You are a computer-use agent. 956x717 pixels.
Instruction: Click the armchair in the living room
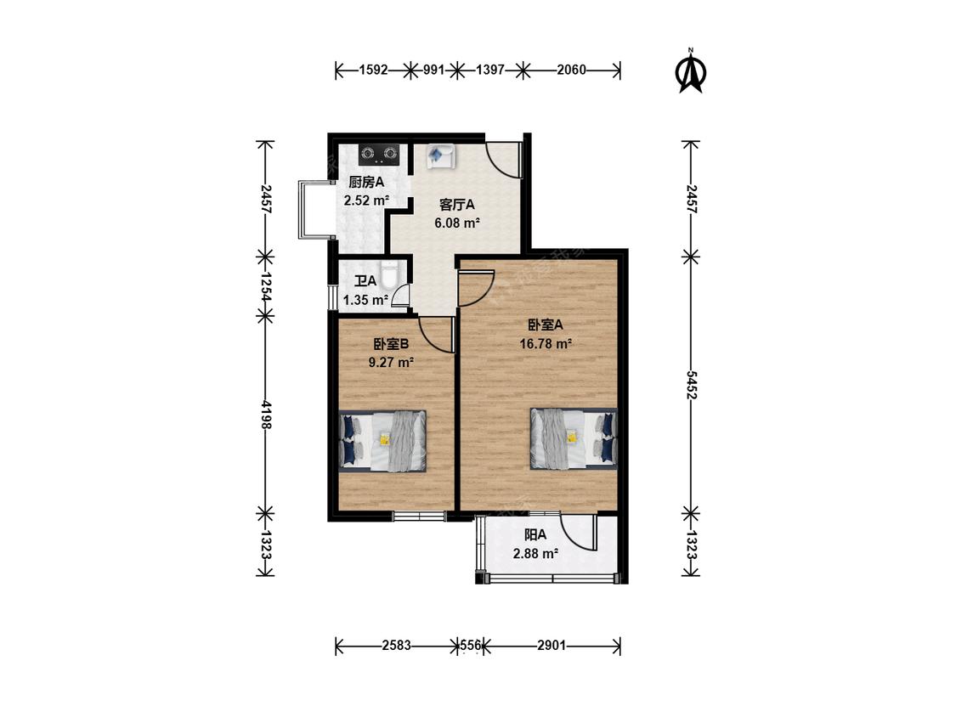pyautogui.click(x=439, y=156)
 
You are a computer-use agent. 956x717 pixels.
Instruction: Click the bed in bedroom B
pyautogui.click(x=382, y=441)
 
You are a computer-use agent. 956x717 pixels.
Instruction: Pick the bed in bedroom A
pyautogui.click(x=574, y=438)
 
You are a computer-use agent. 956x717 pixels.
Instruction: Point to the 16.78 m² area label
pyautogui.click(x=546, y=344)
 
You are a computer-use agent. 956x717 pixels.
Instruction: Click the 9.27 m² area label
pyautogui.click(x=392, y=363)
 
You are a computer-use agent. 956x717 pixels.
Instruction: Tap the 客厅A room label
pyautogui.click(x=456, y=205)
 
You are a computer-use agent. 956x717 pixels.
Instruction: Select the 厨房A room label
pyautogui.click(x=366, y=182)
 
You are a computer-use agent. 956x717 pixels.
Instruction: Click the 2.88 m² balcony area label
pyautogui.click(x=536, y=554)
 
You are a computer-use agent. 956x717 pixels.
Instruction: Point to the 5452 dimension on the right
pyautogui.click(x=691, y=386)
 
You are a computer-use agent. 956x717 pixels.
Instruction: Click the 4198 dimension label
pyautogui.click(x=265, y=415)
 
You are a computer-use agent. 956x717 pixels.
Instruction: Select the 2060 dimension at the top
pyautogui.click(x=571, y=70)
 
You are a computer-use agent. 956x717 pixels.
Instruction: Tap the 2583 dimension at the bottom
pyautogui.click(x=397, y=645)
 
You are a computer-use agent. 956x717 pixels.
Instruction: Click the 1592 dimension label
pyautogui.click(x=374, y=70)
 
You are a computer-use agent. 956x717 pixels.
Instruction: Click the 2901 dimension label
pyautogui.click(x=552, y=645)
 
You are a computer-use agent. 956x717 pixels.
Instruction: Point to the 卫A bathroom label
pyautogui.click(x=365, y=281)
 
